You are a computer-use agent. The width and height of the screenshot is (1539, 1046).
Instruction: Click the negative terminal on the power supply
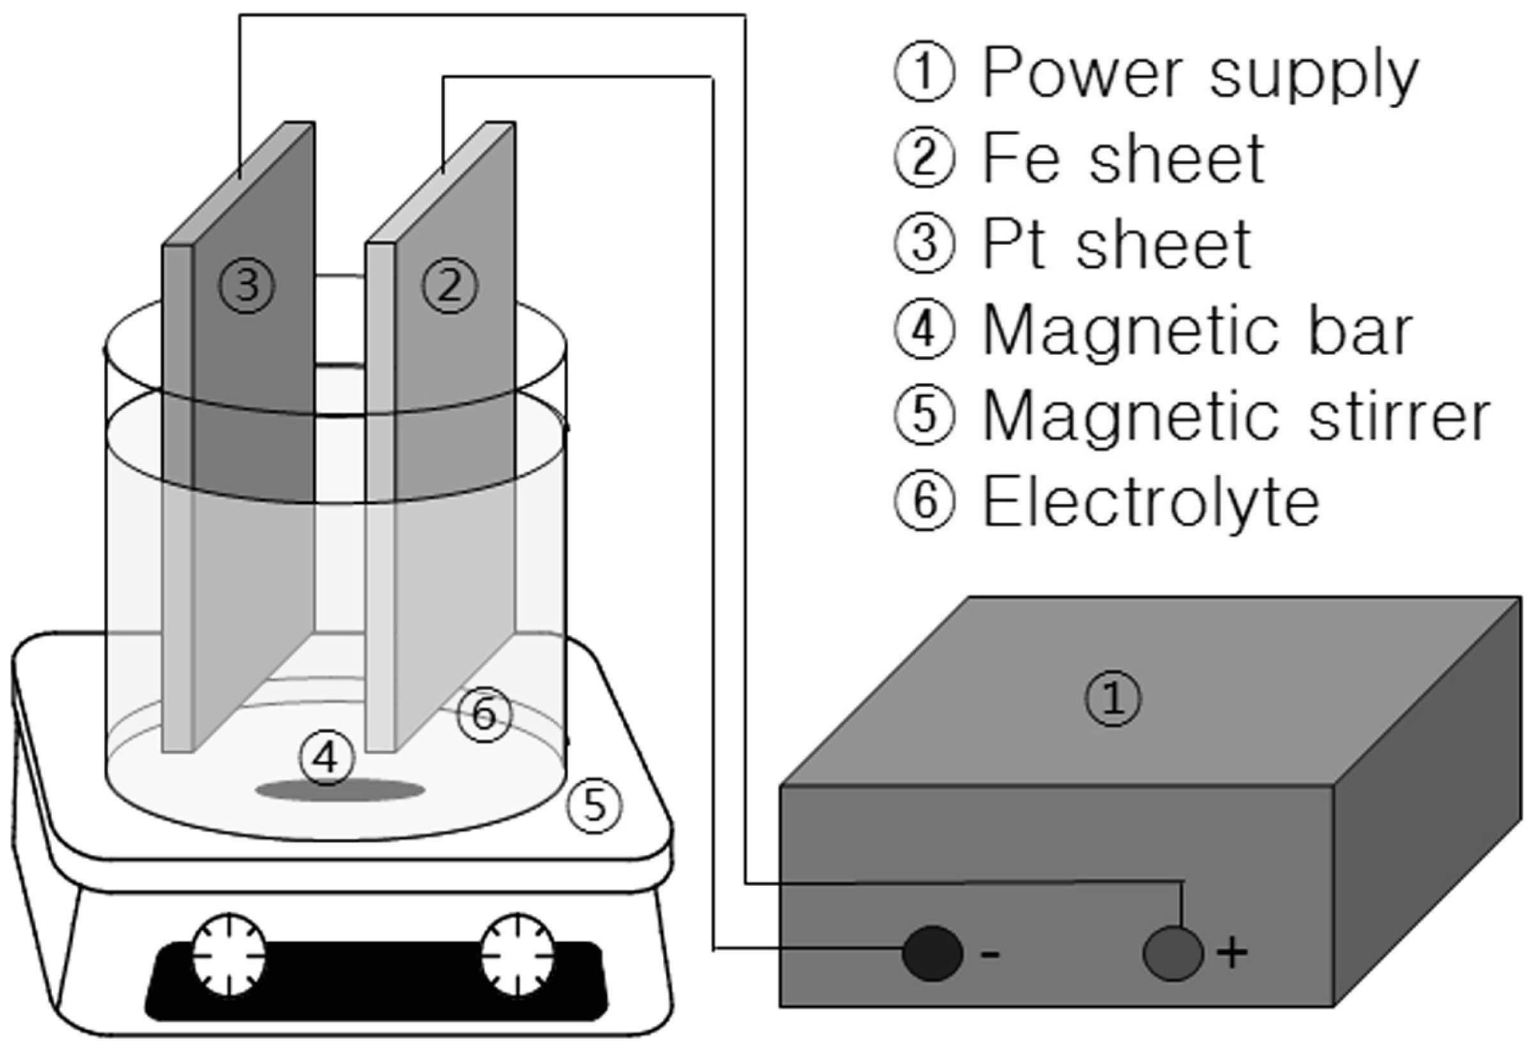coord(933,953)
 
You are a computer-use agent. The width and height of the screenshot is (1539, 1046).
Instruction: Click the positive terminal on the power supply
coord(1173,953)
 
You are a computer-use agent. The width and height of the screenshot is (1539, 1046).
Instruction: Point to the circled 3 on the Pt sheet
coord(247,286)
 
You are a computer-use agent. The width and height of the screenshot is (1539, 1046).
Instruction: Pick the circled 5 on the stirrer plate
coord(594,805)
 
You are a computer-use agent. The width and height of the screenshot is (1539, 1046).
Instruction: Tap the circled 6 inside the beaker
coord(485,714)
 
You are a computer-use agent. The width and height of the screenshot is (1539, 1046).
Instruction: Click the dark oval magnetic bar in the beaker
coord(340,790)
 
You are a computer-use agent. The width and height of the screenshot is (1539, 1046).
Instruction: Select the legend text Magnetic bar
coord(1199,331)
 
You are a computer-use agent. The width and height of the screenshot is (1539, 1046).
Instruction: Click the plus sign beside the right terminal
coord(1232,954)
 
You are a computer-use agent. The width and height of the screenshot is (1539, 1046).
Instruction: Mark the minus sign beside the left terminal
coord(989,955)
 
